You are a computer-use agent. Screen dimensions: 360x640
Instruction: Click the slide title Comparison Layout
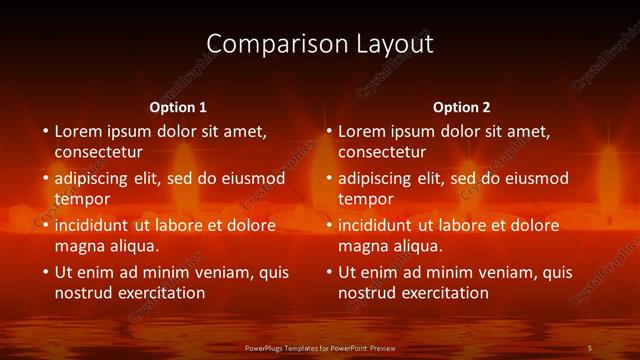tap(320, 44)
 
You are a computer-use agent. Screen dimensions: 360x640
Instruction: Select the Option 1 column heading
tap(178, 107)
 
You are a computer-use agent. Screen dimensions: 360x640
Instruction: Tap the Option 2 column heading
tap(462, 107)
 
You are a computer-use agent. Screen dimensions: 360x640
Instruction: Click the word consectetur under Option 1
tap(98, 152)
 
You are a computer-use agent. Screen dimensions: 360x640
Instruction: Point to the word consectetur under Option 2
tap(382, 152)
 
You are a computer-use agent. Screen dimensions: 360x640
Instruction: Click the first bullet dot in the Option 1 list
tap(45, 131)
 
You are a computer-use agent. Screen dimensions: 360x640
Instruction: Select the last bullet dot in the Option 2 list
tap(329, 272)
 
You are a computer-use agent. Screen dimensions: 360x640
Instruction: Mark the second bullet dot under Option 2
tap(329, 178)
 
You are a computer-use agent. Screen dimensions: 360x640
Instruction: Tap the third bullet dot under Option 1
tap(45, 225)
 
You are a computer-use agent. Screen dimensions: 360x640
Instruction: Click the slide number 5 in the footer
tap(591, 347)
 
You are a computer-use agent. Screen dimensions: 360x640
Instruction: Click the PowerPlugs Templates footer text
tap(320, 347)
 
